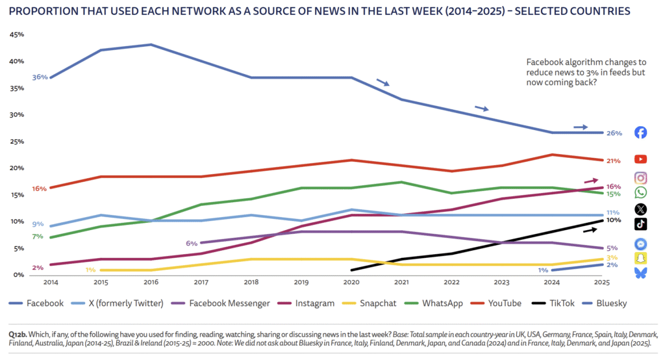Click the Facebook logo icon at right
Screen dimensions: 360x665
point(640,133)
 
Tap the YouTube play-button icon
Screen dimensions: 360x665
point(640,159)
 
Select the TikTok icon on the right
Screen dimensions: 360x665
point(640,224)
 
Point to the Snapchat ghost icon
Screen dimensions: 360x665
point(640,258)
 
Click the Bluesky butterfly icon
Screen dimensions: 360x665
point(640,274)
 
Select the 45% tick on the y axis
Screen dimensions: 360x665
point(17,34)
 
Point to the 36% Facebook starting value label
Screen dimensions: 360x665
point(40,77)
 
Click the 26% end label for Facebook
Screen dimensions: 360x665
point(614,133)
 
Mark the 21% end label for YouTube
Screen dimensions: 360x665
point(614,161)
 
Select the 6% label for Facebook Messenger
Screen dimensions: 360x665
point(192,243)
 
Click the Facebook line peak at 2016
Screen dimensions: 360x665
point(151,45)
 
